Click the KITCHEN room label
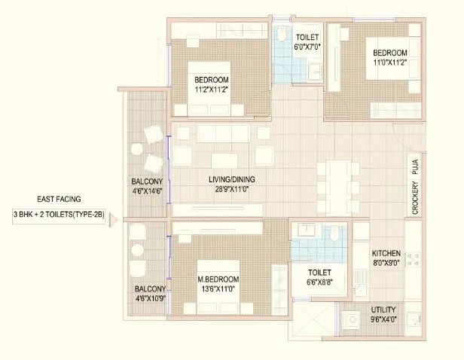(386, 254)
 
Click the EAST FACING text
(57, 200)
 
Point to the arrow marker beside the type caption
(114, 221)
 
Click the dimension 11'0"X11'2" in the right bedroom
(390, 63)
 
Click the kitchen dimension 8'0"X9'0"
(386, 265)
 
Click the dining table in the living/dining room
(332, 179)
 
